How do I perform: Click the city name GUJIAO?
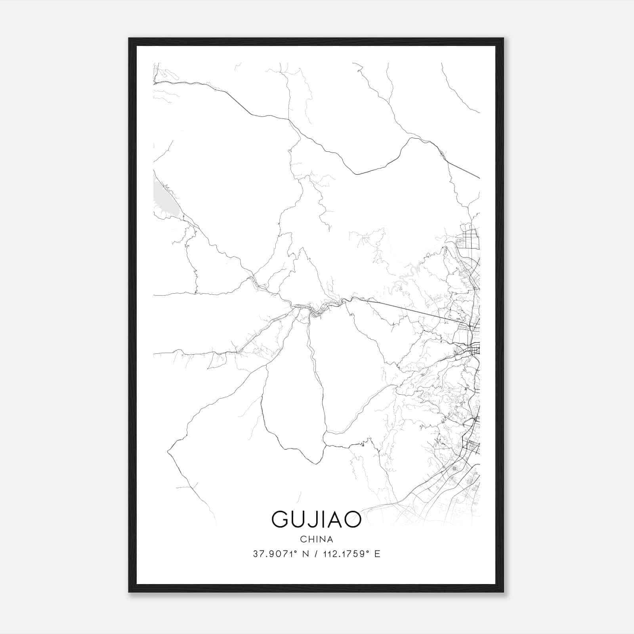point(316,519)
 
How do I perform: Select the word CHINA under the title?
point(317,539)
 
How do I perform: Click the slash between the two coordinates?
point(316,554)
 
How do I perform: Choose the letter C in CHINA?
point(303,539)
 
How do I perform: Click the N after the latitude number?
point(305,554)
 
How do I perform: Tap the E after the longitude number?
point(377,554)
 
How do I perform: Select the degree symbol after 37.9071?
point(295,552)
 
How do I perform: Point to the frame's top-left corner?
point(130,39)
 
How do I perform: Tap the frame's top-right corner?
point(503,39)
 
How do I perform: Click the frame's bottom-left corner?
point(130,591)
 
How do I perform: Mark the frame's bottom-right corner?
point(503,591)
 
